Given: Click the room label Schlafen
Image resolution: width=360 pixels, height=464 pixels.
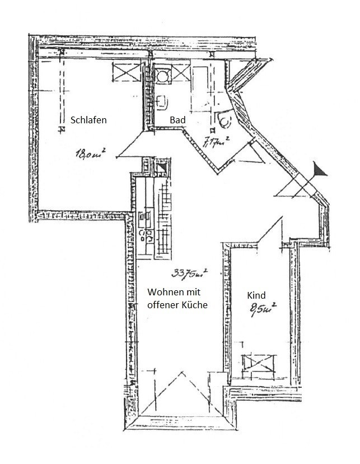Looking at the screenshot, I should pos(88,120).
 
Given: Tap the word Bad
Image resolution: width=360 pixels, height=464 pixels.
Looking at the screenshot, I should pos(178,120).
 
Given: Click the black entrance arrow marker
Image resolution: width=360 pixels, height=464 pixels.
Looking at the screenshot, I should pos(319,170).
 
